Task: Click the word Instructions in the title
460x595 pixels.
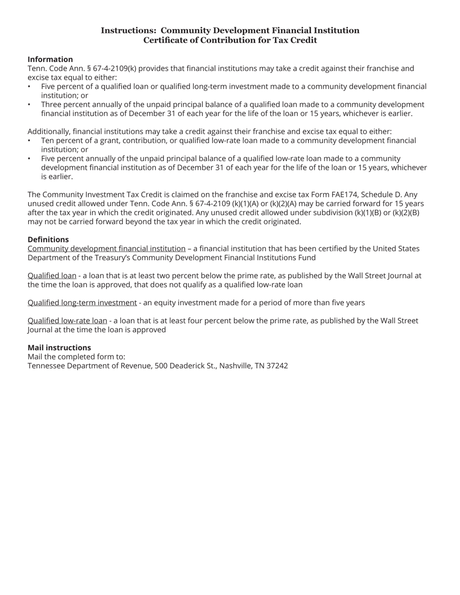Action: pos(128,30)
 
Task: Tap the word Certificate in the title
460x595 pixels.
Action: pos(165,40)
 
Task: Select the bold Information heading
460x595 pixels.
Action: pos(50,59)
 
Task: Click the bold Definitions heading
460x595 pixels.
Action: pos(48,239)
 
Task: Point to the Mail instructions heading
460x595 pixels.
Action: pos(59,347)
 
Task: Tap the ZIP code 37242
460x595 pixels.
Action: pos(277,366)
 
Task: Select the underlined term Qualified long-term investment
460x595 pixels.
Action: pos(82,302)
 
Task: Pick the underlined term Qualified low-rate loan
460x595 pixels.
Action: pos(67,320)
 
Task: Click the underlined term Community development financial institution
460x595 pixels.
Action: pos(107,248)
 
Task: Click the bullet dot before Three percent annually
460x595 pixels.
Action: pos(29,104)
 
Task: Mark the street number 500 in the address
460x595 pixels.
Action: pos(161,366)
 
